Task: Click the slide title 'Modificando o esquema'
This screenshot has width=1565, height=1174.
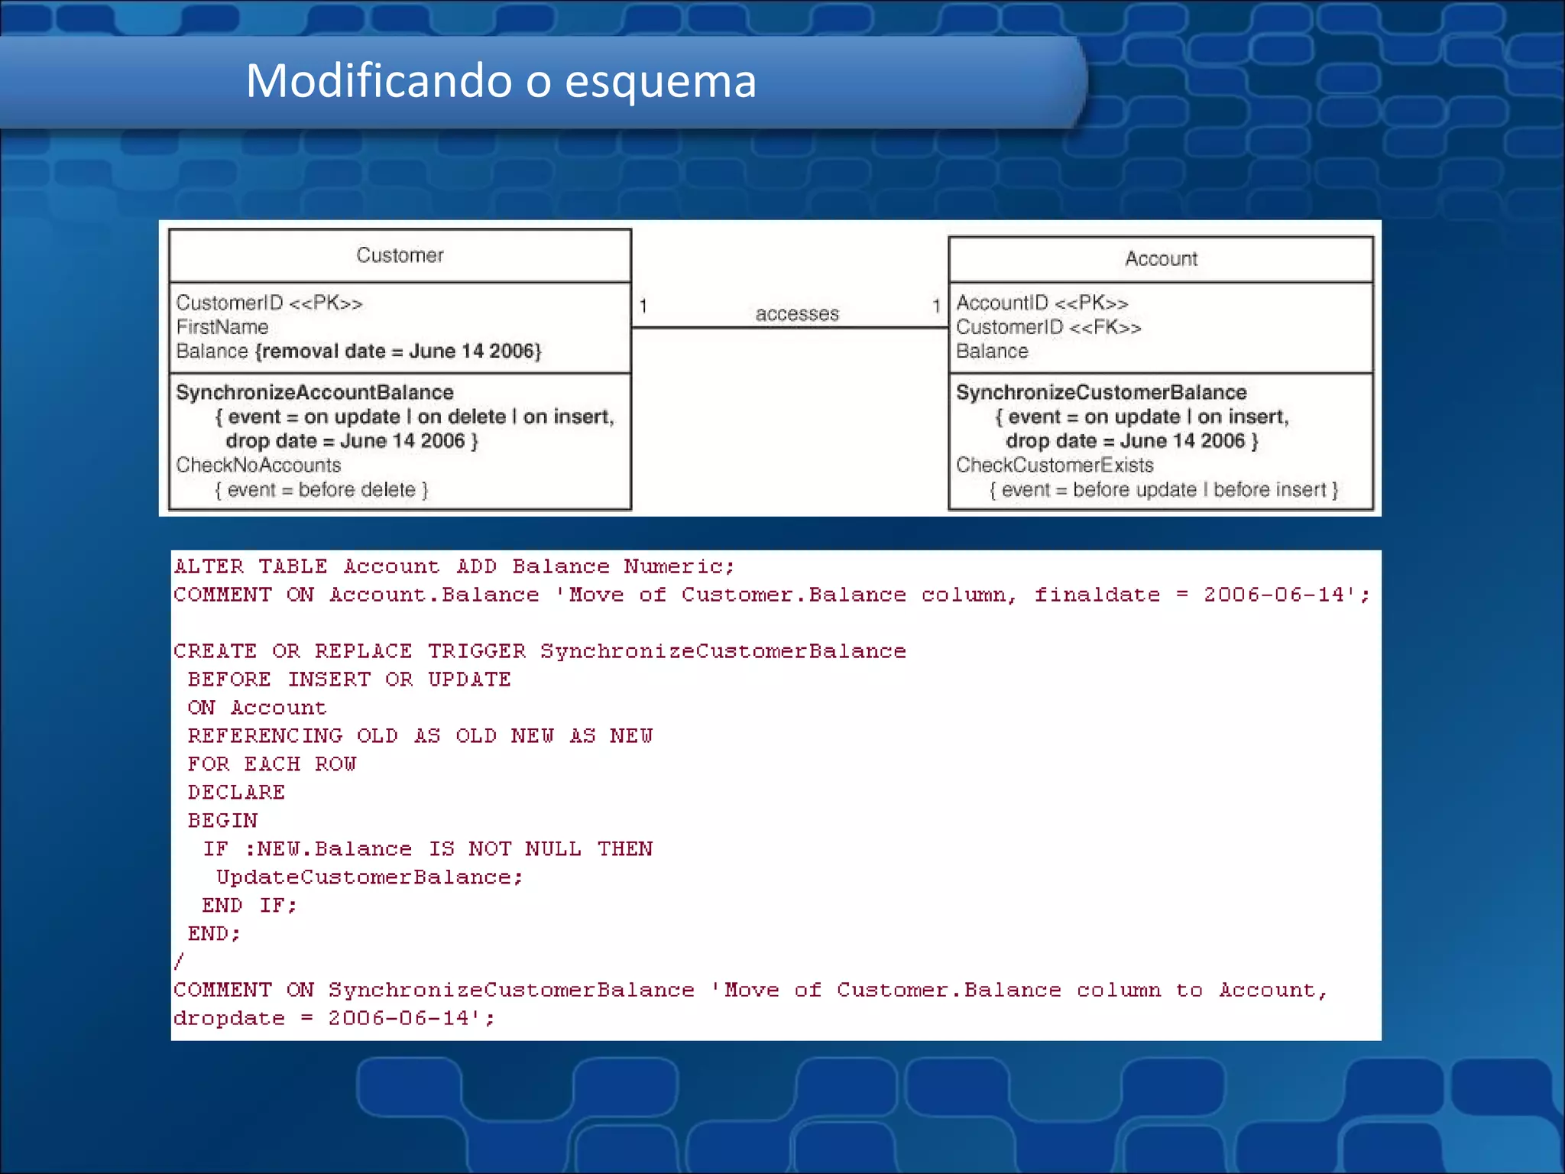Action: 501,81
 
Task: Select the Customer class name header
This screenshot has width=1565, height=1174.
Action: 400,255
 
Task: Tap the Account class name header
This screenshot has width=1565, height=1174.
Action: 1161,259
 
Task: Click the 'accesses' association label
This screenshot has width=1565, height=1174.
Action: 797,313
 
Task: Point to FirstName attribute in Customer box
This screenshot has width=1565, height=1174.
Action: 222,327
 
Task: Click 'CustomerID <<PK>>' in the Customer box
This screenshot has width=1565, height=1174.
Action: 269,303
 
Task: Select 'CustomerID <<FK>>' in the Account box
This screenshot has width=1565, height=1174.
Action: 1048,327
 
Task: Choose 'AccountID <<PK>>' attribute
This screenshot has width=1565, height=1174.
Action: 1042,303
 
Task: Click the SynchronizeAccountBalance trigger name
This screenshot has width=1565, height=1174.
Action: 315,392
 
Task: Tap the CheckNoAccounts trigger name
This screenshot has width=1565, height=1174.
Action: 258,465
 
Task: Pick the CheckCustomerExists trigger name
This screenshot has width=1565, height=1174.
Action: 1055,465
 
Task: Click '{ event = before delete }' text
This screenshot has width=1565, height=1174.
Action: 322,489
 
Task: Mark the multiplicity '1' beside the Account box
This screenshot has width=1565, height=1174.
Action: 936,306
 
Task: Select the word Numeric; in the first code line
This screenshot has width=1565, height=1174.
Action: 679,566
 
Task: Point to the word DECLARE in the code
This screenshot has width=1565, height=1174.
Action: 236,793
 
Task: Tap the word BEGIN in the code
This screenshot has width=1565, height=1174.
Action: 222,821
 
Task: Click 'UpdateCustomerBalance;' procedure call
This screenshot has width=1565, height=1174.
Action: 369,877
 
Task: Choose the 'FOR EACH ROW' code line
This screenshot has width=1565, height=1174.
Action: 272,764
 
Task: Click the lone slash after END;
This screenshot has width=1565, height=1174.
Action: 179,961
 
